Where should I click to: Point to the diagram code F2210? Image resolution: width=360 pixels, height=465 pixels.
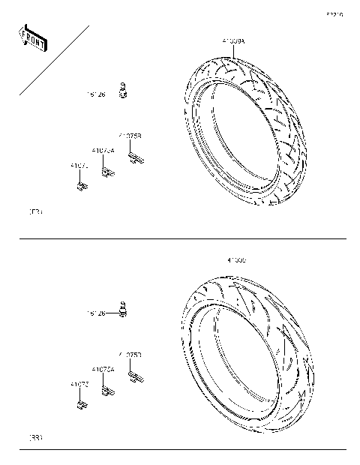(334, 13)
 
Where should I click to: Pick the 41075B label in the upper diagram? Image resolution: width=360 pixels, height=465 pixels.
(129, 136)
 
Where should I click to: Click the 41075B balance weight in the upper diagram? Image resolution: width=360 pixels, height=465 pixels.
(135, 158)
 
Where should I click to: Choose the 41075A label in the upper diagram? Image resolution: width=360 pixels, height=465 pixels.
(103, 151)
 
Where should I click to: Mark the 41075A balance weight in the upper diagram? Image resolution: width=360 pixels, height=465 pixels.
(107, 173)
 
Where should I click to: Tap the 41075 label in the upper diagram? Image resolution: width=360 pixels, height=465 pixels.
(79, 165)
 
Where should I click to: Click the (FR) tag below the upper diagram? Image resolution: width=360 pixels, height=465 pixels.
(34, 212)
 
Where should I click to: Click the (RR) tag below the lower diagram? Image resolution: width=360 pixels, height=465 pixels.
(34, 436)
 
